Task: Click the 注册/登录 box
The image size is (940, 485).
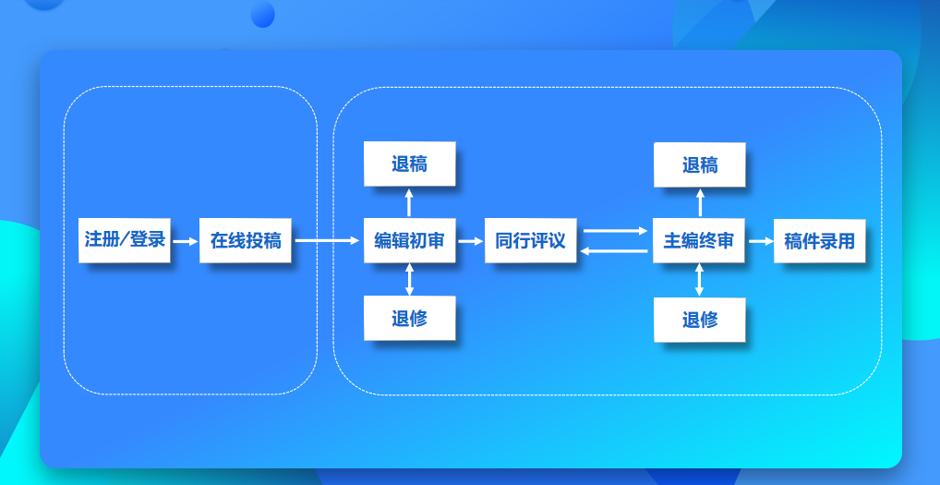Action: coord(125,240)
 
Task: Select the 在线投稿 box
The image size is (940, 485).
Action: coord(246,240)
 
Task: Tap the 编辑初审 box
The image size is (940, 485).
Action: coord(410,240)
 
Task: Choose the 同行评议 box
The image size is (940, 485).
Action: coord(531,240)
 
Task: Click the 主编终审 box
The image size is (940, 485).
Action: coord(699,241)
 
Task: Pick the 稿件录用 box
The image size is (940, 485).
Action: coord(820,241)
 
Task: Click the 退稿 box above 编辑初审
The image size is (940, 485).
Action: coord(410,164)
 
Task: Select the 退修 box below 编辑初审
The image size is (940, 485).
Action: coord(410,319)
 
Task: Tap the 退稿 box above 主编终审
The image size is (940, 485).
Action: coord(700,164)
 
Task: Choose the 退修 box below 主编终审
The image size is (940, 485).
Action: coord(700,321)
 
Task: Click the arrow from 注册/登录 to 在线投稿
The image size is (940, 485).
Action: coord(186,242)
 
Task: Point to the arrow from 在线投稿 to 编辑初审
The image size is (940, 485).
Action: coord(327,241)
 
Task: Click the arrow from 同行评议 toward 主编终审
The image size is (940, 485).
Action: coord(616,231)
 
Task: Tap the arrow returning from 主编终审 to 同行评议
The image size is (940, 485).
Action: coord(614,251)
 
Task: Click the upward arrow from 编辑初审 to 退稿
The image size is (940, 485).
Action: coord(409,202)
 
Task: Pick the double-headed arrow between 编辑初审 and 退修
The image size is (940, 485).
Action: coord(409,280)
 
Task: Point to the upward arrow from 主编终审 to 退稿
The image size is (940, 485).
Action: coord(700,202)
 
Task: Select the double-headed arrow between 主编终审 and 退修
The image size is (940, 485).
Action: coord(699,281)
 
